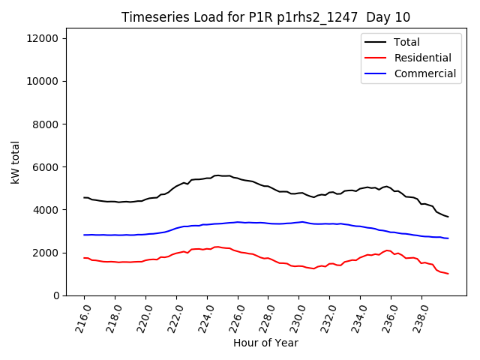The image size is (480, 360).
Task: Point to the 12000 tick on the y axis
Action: (46, 38)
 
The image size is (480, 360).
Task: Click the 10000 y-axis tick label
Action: (46, 81)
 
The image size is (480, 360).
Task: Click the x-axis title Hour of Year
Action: (265, 343)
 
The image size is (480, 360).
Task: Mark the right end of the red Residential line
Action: (448, 274)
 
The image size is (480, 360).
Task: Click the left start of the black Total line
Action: (84, 197)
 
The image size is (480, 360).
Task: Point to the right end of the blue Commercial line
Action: (448, 238)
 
